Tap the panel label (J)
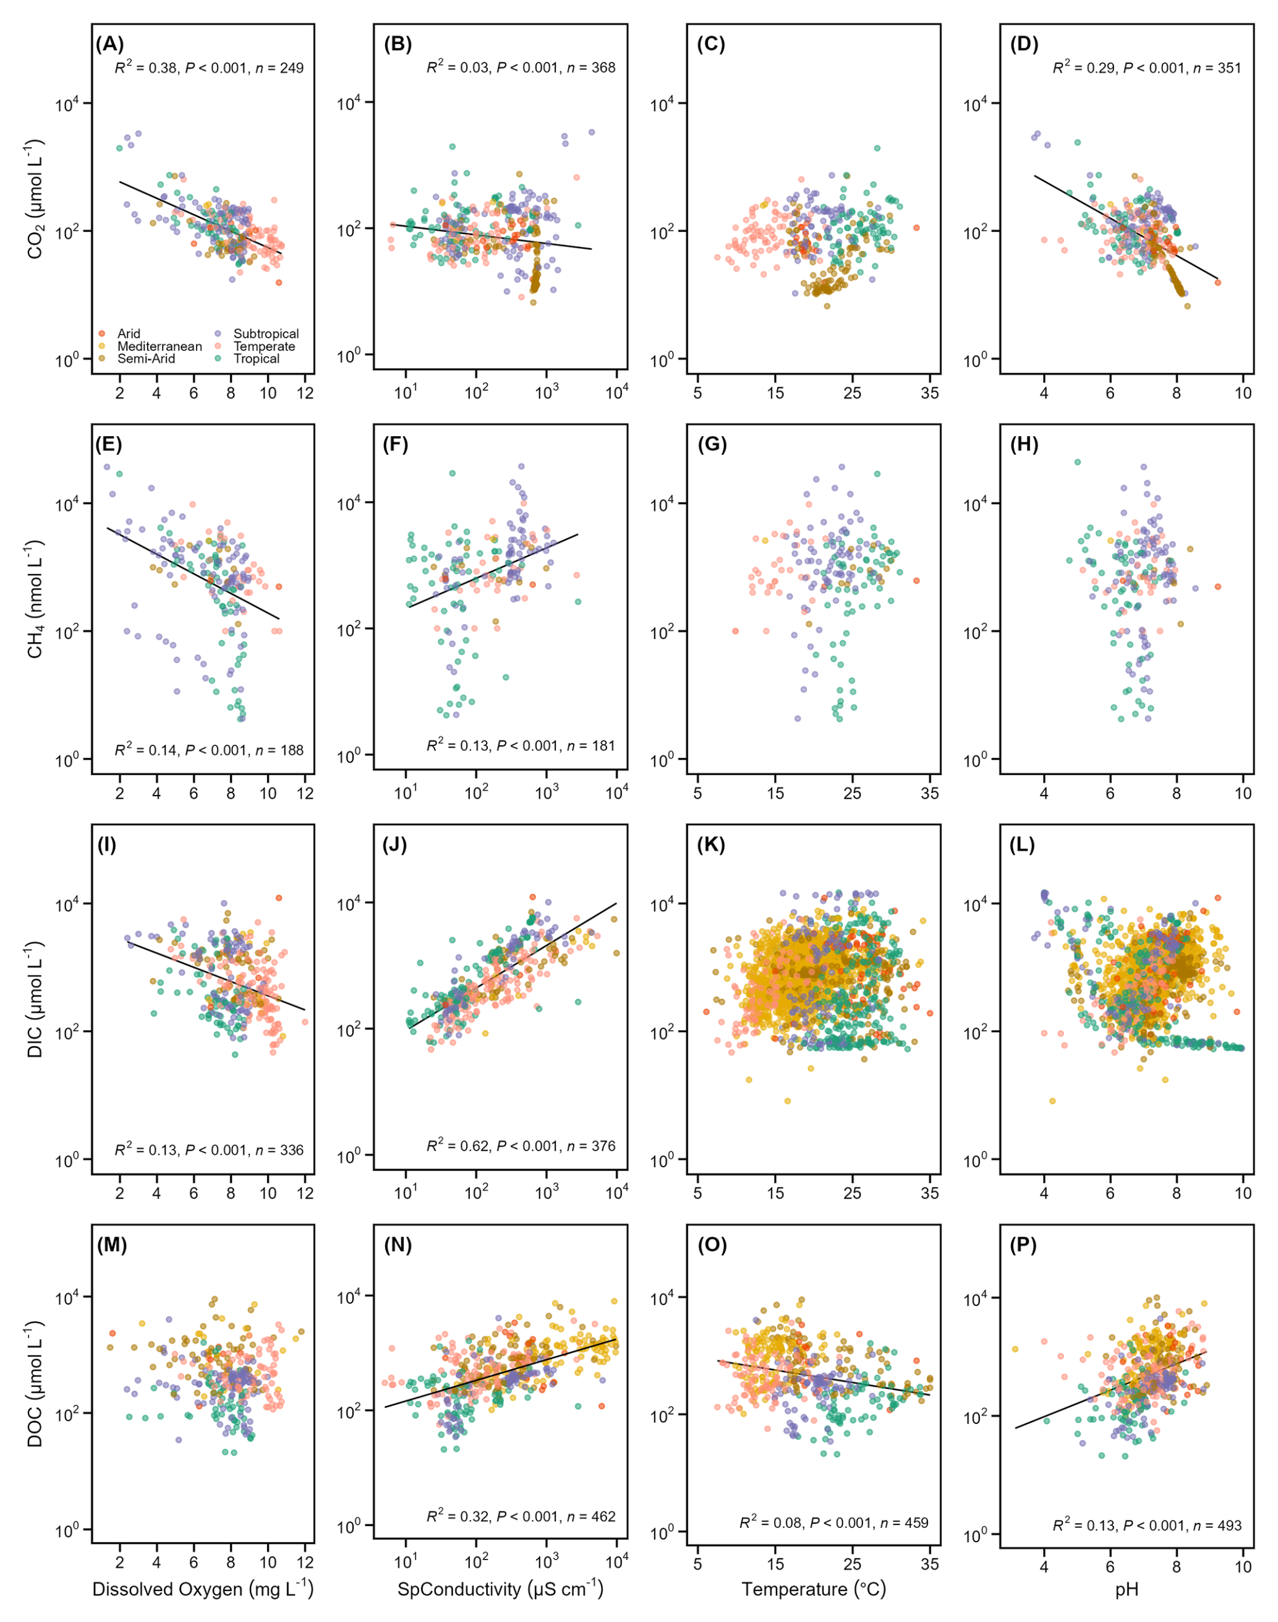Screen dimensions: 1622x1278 tap(394, 845)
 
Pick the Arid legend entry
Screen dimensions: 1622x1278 tap(128, 334)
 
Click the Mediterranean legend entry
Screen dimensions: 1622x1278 tap(160, 346)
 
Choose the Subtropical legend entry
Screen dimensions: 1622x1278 tap(266, 334)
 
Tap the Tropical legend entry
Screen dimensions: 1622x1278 tap(256, 359)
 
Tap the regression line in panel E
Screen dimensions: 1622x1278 tap(192, 573)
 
